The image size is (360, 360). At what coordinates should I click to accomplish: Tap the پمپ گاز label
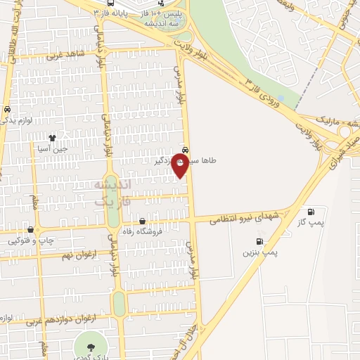click(x=310, y=222)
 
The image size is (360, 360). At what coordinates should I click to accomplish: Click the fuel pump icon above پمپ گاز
click(x=311, y=212)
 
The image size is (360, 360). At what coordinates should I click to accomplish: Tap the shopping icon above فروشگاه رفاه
click(x=143, y=221)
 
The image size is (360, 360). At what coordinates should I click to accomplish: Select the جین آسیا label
click(x=53, y=148)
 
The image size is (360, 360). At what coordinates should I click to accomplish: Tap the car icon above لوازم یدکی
click(x=6, y=110)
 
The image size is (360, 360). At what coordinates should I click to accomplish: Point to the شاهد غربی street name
click(x=65, y=53)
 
